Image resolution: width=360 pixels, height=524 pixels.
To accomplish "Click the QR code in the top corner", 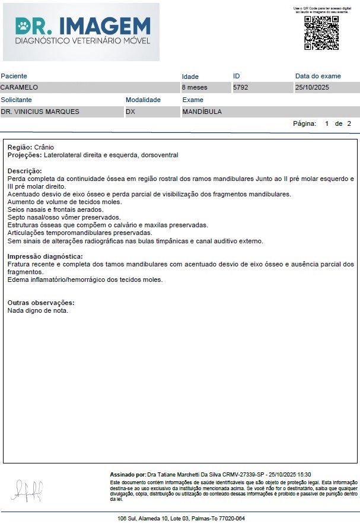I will [321, 33].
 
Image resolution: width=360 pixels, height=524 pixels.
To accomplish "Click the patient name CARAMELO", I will [20, 87].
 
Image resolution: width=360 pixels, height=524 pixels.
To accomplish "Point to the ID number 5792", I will [240, 87].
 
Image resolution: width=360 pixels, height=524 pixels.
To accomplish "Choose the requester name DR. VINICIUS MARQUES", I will [40, 111].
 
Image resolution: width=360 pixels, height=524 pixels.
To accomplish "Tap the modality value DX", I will [130, 111].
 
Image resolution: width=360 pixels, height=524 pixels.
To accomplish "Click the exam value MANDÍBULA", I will [202, 111].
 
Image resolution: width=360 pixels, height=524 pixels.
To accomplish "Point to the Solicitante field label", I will [17, 100].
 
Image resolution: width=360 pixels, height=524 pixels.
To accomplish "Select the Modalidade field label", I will [143, 100].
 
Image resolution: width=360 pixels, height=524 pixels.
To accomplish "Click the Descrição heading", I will [24, 171].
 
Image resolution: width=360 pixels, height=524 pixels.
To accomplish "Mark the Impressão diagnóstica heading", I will [44, 256].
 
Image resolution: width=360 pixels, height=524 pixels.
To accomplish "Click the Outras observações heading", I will [41, 303].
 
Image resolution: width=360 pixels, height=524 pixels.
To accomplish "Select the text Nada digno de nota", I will [38, 310].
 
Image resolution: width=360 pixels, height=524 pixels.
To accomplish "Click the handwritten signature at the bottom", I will [27, 490].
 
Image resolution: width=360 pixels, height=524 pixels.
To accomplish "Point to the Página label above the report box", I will [305, 123].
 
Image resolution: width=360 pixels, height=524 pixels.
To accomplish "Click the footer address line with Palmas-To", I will [181, 518].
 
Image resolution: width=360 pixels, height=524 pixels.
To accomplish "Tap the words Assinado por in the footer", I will [128, 475].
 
